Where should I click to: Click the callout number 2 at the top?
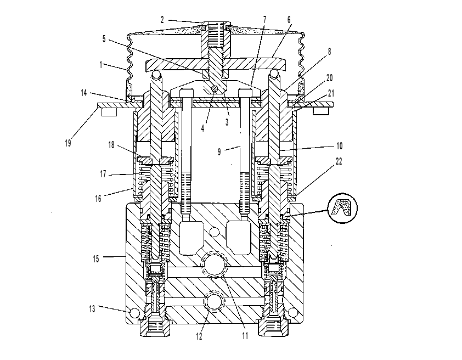(162, 20)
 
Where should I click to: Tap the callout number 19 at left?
(68, 143)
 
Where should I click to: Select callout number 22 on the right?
(339, 161)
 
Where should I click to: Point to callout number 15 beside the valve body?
(96, 259)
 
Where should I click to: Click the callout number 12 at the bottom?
(200, 336)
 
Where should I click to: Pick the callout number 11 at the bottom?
(245, 336)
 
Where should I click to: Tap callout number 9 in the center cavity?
(219, 151)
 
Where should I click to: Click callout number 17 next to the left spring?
(103, 174)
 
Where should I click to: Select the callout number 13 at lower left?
(92, 309)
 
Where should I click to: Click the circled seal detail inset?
(343, 209)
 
